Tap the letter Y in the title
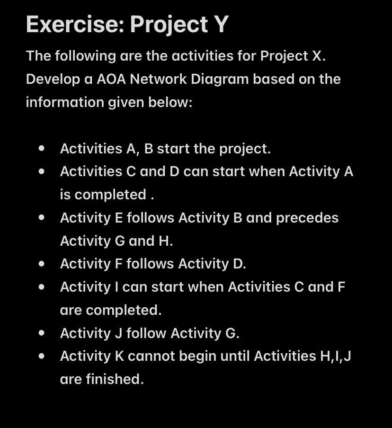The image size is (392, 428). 221,25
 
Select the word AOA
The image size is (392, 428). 111,79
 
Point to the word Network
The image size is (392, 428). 158,79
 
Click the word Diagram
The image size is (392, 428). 220,79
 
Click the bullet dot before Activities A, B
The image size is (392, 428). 43,148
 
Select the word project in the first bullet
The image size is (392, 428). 243,149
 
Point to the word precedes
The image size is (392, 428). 307,218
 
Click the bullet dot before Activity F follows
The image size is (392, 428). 43,264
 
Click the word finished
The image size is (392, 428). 114,379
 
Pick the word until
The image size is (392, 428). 237,356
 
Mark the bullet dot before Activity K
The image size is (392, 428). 43,356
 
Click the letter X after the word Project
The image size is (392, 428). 317,56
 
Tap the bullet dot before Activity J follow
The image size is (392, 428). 43,333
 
